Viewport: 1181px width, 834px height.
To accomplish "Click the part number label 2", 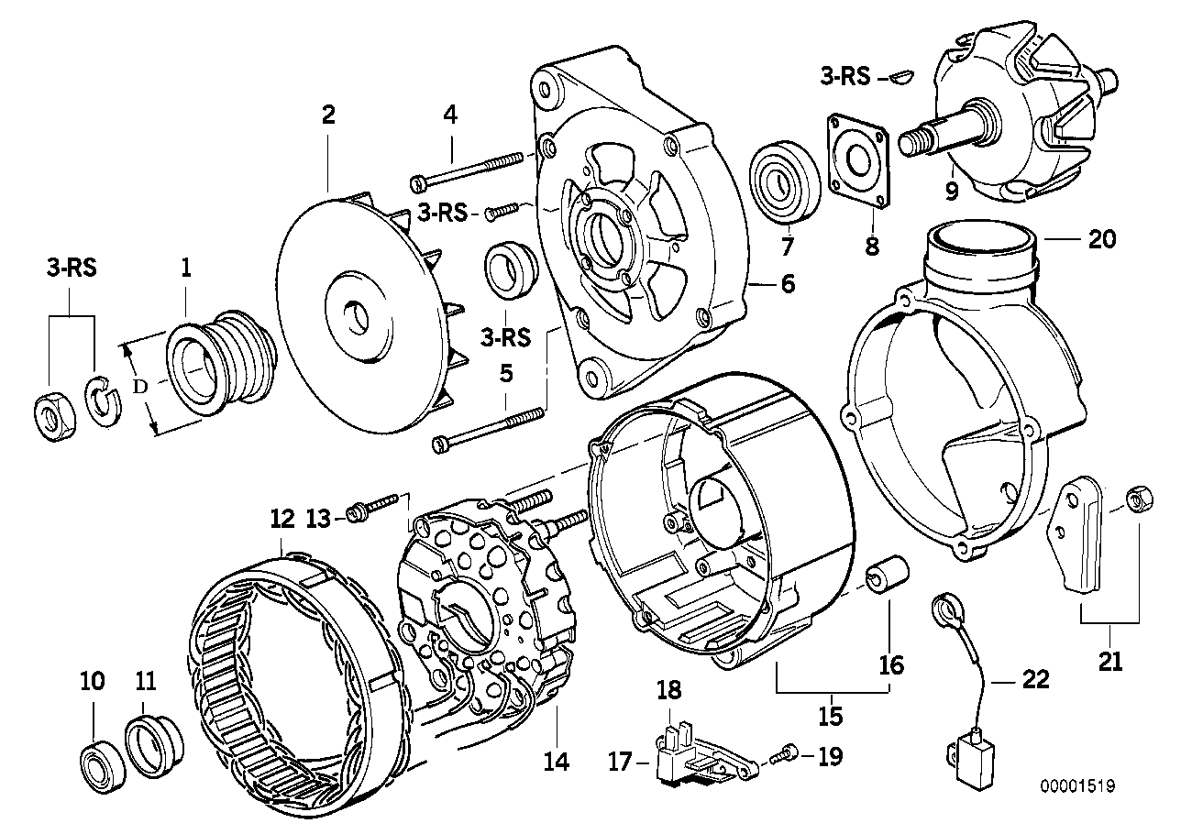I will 327,115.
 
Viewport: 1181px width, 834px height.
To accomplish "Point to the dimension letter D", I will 139,387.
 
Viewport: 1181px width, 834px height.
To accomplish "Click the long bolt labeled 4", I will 468,168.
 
